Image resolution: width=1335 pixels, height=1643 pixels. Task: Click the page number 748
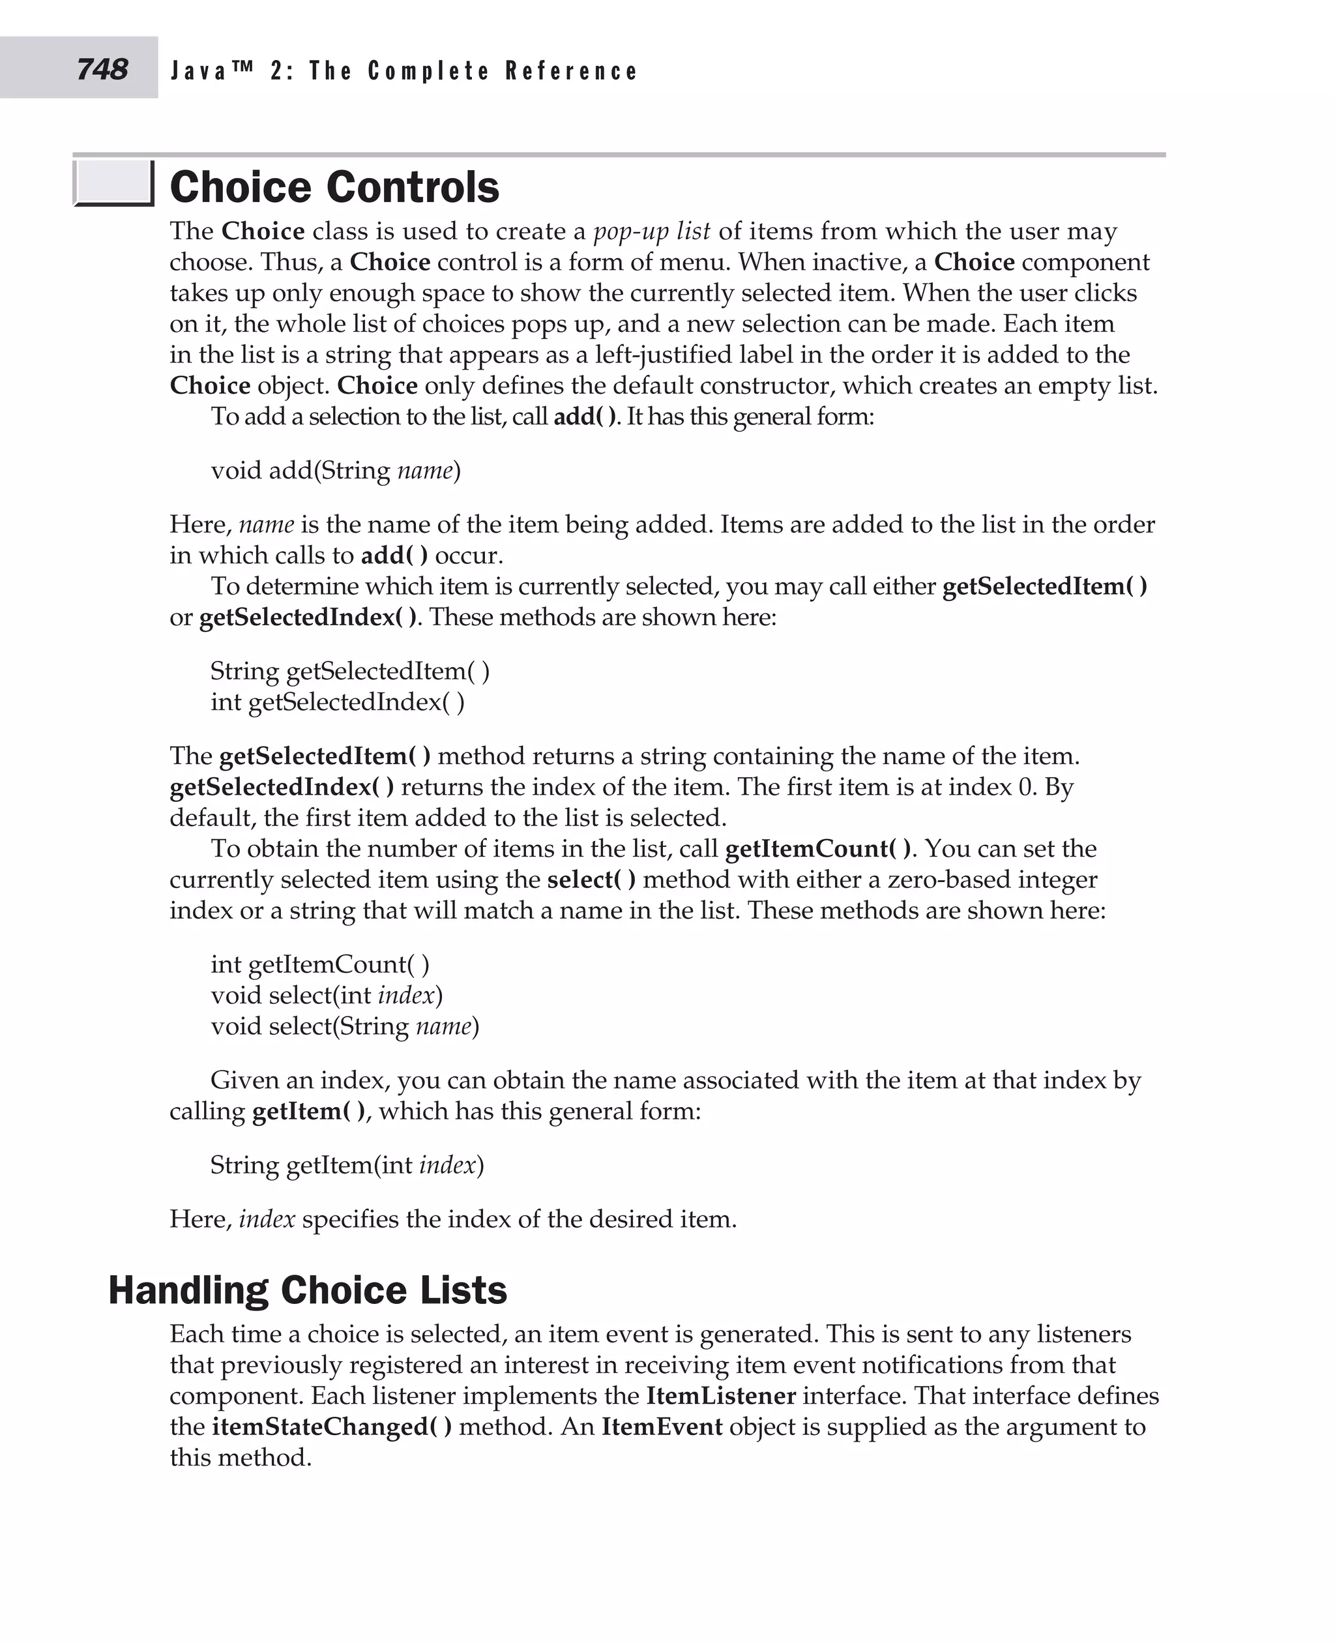tap(102, 69)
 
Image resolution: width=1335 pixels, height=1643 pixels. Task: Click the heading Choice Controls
tap(334, 187)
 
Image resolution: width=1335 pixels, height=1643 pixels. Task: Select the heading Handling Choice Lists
tap(308, 1290)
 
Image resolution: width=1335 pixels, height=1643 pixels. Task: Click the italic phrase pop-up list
tap(651, 231)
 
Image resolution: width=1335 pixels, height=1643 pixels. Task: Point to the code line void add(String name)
tap(335, 470)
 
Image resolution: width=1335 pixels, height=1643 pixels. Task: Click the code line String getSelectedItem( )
tap(350, 671)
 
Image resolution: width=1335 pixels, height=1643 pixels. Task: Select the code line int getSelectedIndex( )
tap(337, 702)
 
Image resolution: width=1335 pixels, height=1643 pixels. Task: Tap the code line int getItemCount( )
tap(320, 964)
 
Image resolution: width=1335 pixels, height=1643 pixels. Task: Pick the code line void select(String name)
tap(345, 1026)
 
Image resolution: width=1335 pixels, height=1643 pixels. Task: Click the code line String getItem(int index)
tap(347, 1164)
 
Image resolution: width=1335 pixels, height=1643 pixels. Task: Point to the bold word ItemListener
tap(720, 1395)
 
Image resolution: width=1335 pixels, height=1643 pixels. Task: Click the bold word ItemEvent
tap(662, 1426)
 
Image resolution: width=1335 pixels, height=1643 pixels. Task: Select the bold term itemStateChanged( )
tap(331, 1426)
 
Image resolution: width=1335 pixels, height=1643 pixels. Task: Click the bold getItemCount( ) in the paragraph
tap(817, 848)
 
